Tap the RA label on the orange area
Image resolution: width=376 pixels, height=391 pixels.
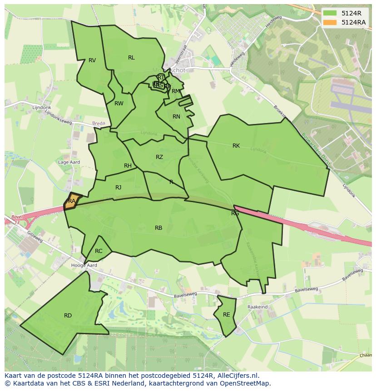tap(72, 201)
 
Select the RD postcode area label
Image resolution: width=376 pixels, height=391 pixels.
tap(68, 316)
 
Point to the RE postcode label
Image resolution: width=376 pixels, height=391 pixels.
tap(226, 315)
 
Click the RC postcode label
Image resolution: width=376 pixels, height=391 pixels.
tap(99, 251)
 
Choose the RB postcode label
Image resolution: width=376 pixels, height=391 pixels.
tap(158, 228)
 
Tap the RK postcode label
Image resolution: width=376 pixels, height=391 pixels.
tap(236, 146)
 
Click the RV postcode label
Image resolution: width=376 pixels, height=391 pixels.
tap(92, 60)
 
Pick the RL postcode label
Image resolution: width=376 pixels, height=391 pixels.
tap(131, 58)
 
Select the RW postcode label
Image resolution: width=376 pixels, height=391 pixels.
tap(119, 104)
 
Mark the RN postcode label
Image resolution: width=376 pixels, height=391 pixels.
tap(177, 117)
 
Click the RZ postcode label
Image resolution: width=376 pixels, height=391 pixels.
tap(159, 157)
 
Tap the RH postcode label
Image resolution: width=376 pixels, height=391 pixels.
tap(128, 166)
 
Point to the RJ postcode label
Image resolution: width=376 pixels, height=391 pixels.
tap(119, 188)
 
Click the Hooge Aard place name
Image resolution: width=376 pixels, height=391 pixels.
tap(84, 265)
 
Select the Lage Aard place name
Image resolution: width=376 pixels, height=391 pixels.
tap(69, 162)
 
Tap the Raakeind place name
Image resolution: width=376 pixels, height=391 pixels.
tap(257, 307)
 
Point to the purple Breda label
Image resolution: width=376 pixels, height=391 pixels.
tap(98, 124)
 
